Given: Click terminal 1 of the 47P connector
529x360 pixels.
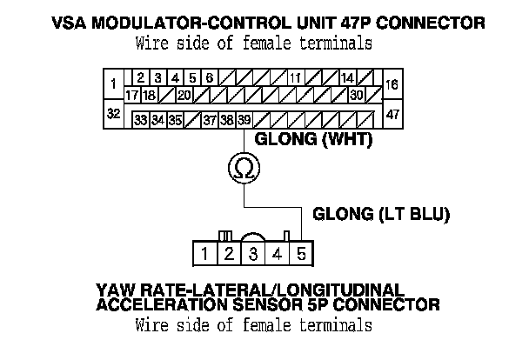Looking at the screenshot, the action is click(114, 84).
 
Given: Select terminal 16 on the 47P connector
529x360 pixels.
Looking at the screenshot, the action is click(392, 84).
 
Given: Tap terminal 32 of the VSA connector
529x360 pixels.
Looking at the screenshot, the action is click(114, 113).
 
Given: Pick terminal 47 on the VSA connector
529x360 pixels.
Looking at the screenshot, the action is click(392, 113).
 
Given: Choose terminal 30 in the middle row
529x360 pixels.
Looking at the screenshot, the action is click(357, 94).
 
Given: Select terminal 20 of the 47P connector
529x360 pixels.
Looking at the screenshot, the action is click(184, 94).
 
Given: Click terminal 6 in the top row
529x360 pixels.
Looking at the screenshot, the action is click(209, 78).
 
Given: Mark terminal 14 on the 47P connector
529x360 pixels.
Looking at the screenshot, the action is click(347, 78).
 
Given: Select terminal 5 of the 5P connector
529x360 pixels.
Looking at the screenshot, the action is click(300, 254).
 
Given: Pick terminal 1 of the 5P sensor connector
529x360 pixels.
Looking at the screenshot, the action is click(203, 254).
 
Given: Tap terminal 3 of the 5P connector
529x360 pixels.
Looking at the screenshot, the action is click(252, 254).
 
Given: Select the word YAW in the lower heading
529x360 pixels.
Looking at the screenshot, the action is click(110, 289).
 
